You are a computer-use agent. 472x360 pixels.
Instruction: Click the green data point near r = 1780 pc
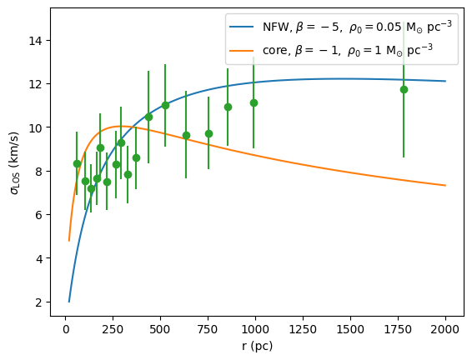pyautogui.click(x=404, y=89)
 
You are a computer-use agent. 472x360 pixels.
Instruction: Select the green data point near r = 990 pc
pyautogui.click(x=254, y=102)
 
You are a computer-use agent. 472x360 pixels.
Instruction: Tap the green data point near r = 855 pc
pyautogui.click(x=228, y=107)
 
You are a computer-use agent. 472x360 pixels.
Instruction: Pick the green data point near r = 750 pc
pyautogui.click(x=208, y=133)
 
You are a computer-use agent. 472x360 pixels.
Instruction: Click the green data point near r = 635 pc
pyautogui.click(x=186, y=135)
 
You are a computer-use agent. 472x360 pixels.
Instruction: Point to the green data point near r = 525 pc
pyautogui.click(x=165, y=105)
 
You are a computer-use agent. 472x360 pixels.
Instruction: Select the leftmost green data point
pyautogui.click(x=77, y=163)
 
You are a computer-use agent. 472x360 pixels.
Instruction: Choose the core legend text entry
pyautogui.click(x=342, y=51)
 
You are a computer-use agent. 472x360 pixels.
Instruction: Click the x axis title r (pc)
pyautogui.click(x=255, y=345)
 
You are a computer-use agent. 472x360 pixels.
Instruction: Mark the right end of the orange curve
pyautogui.click(x=445, y=185)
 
